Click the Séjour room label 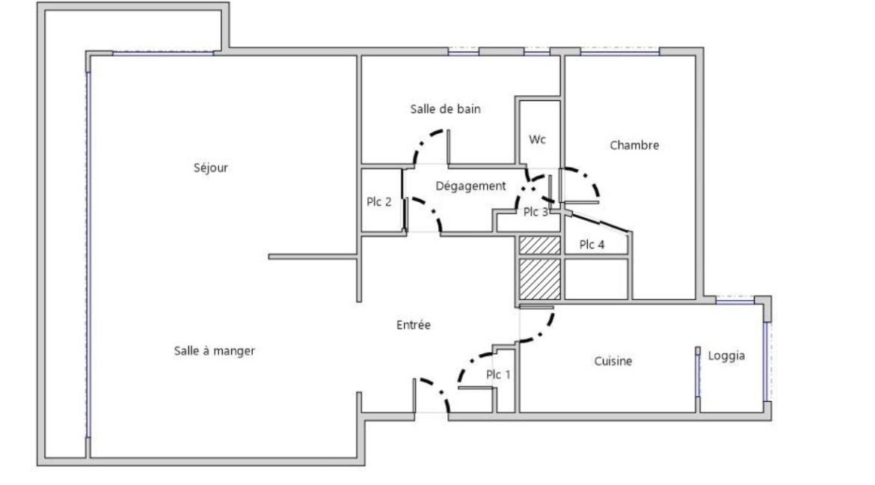point(211,168)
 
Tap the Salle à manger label point(215,351)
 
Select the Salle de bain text point(445,109)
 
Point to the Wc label point(538,139)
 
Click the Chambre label point(634,145)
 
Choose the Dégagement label point(471,186)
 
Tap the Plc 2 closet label point(379,202)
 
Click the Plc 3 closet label point(535,212)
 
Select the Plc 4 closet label point(592,244)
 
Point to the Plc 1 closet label point(498,374)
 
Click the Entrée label point(414,325)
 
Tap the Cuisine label point(613,361)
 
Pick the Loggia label point(727,356)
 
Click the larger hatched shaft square point(540,278)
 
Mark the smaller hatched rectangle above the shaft point(540,245)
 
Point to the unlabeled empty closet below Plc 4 point(597,278)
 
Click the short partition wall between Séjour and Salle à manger point(313,257)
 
